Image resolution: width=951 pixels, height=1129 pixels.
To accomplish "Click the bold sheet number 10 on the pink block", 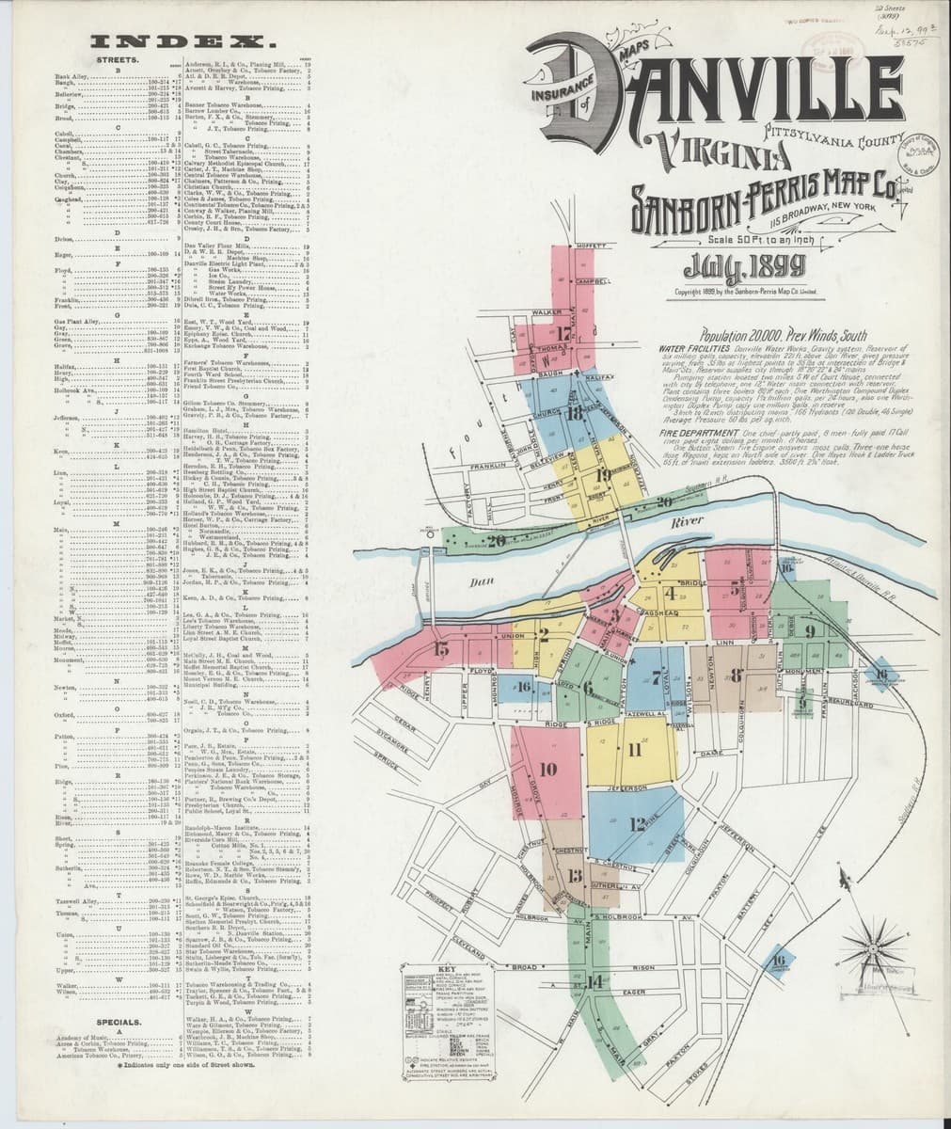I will (x=547, y=769).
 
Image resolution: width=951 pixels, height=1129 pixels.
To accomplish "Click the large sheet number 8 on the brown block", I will (x=737, y=674).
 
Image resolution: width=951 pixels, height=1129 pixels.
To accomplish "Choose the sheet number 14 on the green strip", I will (x=594, y=981).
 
